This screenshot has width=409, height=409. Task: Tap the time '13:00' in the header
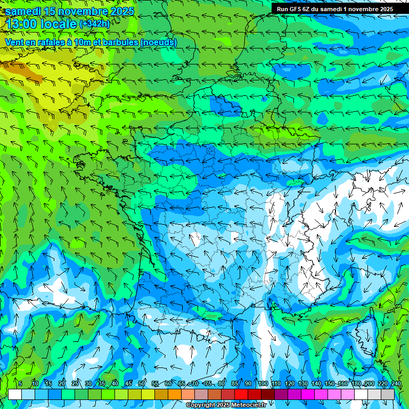tap(23, 24)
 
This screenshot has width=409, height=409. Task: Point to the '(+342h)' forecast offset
tap(94, 24)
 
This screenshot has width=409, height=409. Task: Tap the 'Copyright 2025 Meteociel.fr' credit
tap(226, 405)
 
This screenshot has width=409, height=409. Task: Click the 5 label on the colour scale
tap(20, 384)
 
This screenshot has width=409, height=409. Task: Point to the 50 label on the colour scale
tap(142, 384)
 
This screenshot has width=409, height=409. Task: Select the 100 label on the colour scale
tap(263, 384)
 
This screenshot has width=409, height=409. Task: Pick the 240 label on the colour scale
tap(396, 384)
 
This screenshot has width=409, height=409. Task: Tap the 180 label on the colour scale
tap(356, 384)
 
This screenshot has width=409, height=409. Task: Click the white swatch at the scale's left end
tap(15, 394)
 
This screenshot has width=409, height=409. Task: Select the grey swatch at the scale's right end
tap(388, 394)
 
